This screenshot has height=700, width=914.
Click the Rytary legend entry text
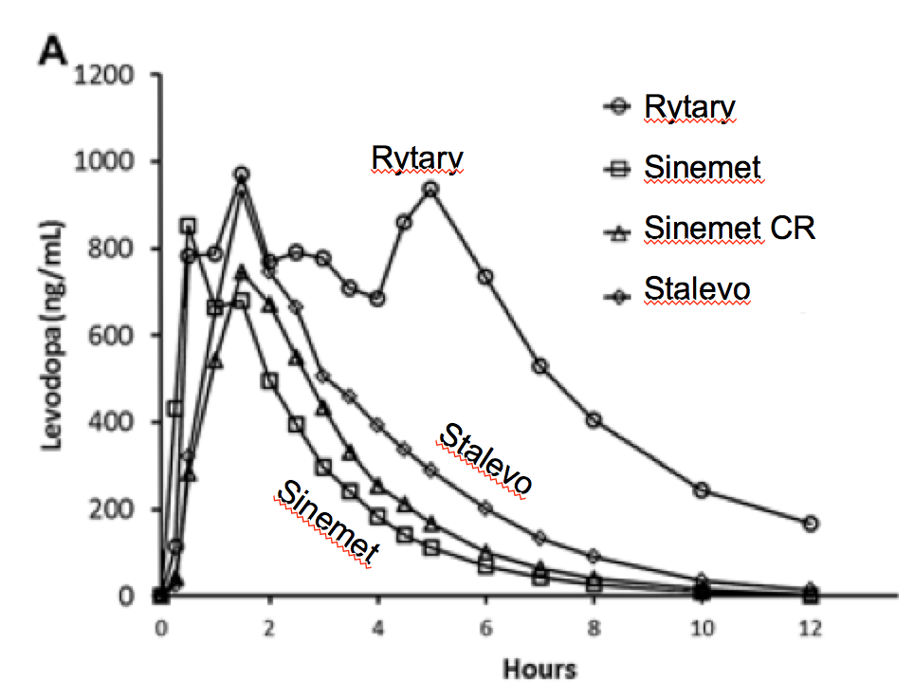[x=689, y=107]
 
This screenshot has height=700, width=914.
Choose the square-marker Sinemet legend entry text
[x=703, y=169]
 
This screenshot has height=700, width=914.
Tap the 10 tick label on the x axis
[x=702, y=629]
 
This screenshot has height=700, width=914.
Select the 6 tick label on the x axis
[x=485, y=629]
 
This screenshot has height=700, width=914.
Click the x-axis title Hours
[x=539, y=670]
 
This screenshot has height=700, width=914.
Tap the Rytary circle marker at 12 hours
[x=811, y=524]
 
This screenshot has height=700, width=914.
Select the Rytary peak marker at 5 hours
[x=431, y=189]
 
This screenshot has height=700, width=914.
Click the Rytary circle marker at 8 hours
[x=594, y=420]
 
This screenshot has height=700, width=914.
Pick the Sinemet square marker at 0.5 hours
[x=189, y=226]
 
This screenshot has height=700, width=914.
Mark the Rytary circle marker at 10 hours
[x=703, y=490]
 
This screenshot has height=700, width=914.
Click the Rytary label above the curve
[x=418, y=158]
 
